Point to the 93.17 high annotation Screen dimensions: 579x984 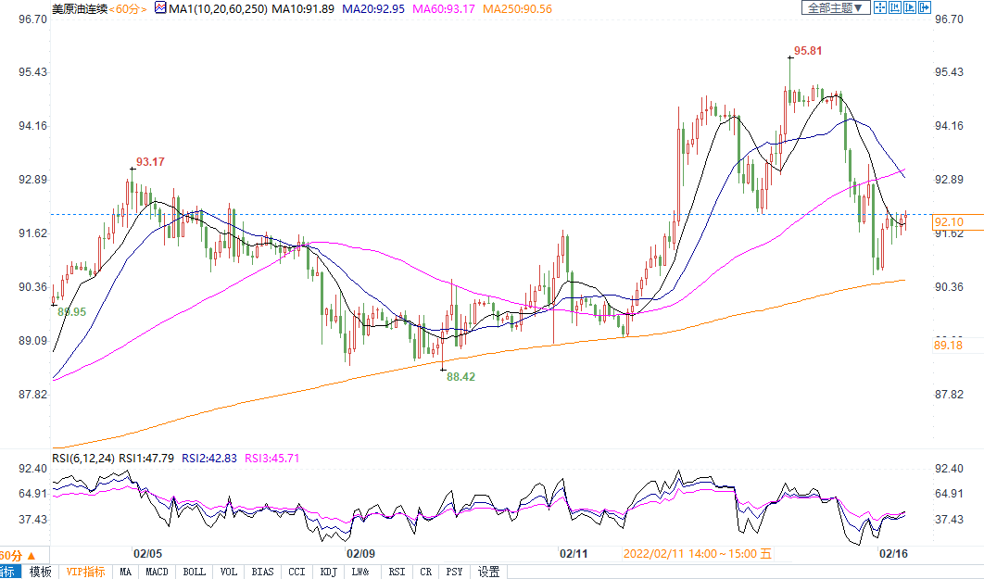pyautogui.click(x=150, y=162)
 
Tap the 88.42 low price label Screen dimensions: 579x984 pyautogui.click(x=460, y=376)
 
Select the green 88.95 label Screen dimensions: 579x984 pyautogui.click(x=71, y=312)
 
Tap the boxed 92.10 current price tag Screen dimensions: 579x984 pyautogui.click(x=950, y=221)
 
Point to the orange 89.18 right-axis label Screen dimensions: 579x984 pyautogui.click(x=950, y=345)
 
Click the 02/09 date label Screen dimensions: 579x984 pyautogui.click(x=360, y=553)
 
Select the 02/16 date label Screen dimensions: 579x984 pyautogui.click(x=891, y=553)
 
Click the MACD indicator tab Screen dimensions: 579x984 pyautogui.click(x=158, y=572)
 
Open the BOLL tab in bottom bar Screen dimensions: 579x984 pyautogui.click(x=194, y=572)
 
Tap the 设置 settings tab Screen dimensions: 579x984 pyautogui.click(x=488, y=572)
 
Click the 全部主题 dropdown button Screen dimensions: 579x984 pyautogui.click(x=834, y=7)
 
